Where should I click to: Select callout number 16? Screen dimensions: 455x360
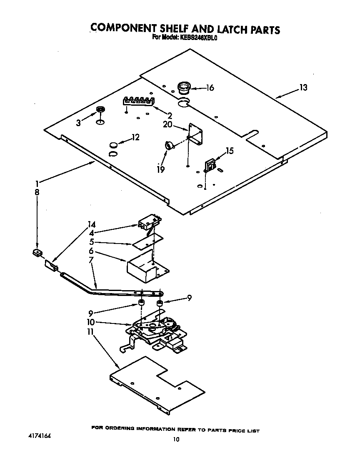pyautogui.click(x=210, y=87)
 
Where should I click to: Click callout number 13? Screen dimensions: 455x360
pyautogui.click(x=303, y=87)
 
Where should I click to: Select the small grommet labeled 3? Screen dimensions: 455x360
pyautogui.click(x=100, y=110)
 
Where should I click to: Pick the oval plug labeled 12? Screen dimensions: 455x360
pyautogui.click(x=113, y=144)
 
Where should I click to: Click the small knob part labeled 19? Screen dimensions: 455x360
pyautogui.click(x=169, y=145)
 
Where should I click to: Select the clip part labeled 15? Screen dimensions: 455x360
pyautogui.click(x=210, y=165)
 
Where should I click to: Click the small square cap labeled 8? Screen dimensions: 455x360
pyautogui.click(x=37, y=253)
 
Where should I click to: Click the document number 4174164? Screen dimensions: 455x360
pyautogui.click(x=40, y=437)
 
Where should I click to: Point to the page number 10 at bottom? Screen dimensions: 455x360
pyautogui.click(x=176, y=440)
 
